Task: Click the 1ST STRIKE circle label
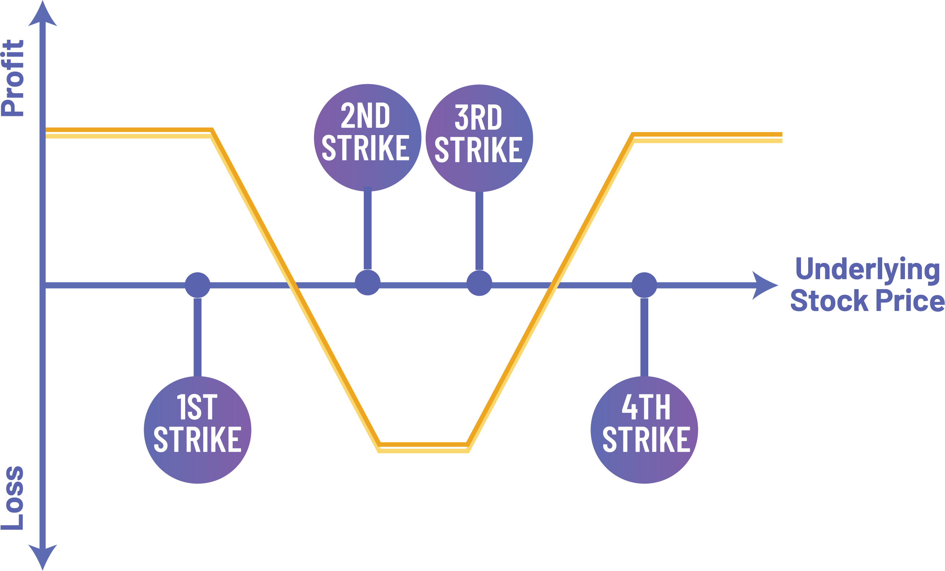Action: tap(197, 429)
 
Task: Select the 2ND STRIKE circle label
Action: tap(367, 137)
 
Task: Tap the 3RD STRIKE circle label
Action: tap(479, 138)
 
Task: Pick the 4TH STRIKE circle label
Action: tap(644, 429)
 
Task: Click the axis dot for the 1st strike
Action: tap(197, 285)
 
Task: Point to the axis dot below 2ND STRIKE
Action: tap(367, 283)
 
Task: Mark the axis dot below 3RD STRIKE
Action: tap(479, 283)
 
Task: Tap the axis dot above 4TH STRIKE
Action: tap(644, 285)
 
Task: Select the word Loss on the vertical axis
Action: tap(13, 498)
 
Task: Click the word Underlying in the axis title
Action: tap(867, 269)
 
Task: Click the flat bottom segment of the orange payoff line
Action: tap(423, 447)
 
